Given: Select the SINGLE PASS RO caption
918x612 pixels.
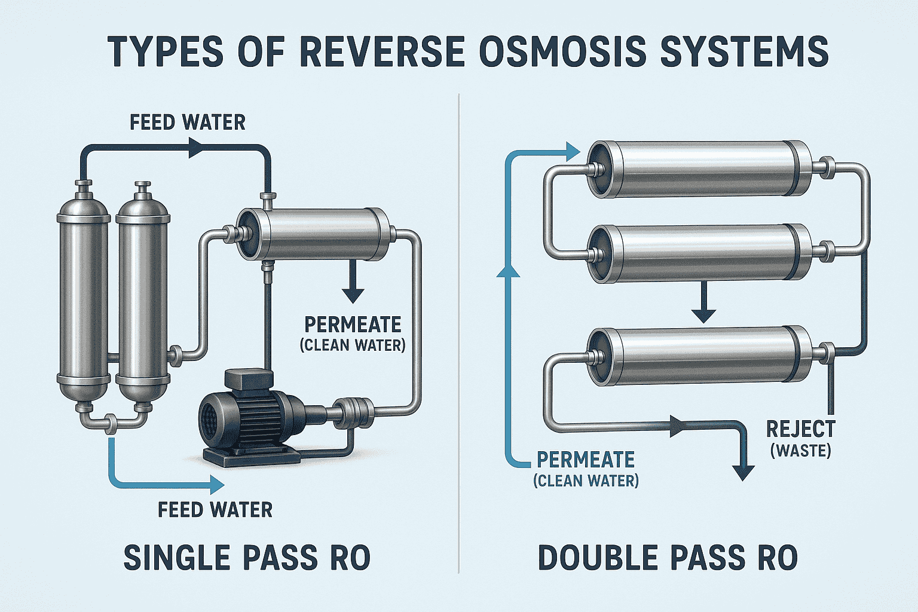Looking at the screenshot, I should [x=247, y=558].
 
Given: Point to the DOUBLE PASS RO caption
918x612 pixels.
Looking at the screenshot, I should [x=668, y=558].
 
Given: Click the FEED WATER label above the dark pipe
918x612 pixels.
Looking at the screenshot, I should [x=188, y=123].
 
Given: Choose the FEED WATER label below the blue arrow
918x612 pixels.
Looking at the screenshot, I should [x=215, y=510].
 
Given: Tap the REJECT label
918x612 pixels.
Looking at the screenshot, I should [x=800, y=429].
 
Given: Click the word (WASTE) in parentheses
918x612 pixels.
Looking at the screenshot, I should [x=800, y=450].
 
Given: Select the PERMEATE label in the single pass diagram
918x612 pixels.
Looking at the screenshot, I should [x=353, y=325].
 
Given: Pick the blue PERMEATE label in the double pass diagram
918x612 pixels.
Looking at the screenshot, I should [x=586, y=460].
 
